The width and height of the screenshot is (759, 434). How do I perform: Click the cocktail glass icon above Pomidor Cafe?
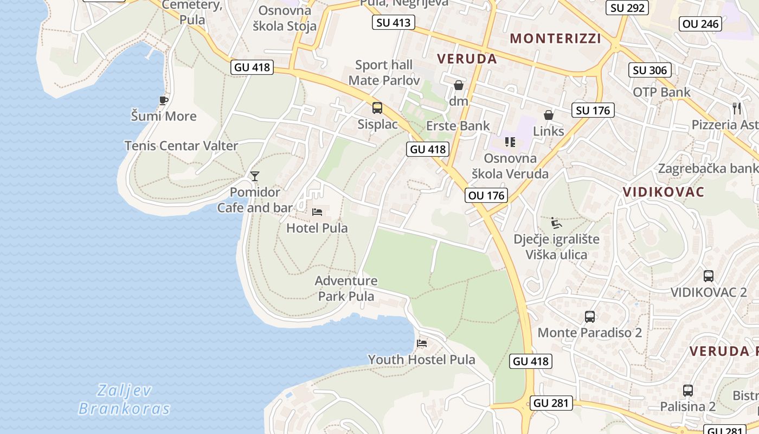(x=255, y=176)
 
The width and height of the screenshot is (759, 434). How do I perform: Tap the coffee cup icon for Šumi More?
(x=164, y=100)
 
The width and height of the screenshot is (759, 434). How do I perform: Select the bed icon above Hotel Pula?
(x=317, y=212)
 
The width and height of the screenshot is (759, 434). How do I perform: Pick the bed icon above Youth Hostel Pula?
(x=421, y=343)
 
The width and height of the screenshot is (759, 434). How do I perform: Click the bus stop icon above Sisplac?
(x=377, y=108)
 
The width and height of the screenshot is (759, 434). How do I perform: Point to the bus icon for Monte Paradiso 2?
(x=590, y=316)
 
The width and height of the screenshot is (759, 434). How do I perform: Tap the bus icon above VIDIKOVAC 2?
(x=709, y=276)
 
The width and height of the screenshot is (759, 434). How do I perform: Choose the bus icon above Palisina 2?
(x=688, y=390)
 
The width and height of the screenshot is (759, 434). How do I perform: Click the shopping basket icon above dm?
(x=459, y=85)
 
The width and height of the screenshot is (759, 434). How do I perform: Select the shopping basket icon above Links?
(x=549, y=115)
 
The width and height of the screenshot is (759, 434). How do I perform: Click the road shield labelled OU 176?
(x=486, y=195)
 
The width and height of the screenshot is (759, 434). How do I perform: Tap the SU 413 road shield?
(x=394, y=22)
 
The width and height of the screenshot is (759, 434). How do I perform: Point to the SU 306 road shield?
(x=650, y=70)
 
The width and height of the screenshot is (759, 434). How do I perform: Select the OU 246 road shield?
(x=700, y=24)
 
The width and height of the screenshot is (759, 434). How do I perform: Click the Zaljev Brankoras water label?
(x=124, y=399)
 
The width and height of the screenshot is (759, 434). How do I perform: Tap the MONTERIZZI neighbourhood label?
(x=556, y=39)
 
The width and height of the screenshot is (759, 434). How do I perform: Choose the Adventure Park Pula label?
(x=346, y=289)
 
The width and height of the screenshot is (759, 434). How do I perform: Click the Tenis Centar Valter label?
(x=181, y=146)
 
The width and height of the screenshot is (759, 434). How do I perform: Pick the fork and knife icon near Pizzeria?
(x=736, y=108)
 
